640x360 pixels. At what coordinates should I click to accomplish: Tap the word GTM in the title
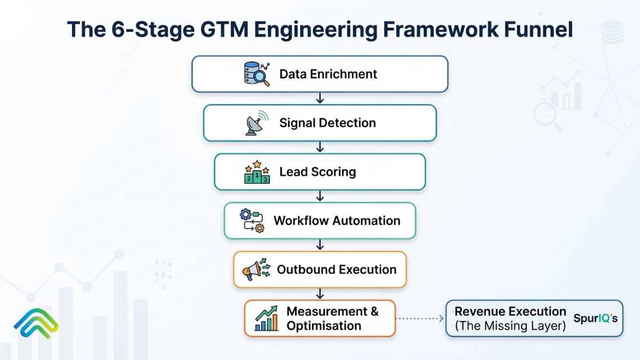coord(225,29)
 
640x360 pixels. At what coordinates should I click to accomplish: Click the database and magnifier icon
coord(257,74)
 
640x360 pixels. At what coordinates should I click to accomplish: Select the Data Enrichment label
coord(328,74)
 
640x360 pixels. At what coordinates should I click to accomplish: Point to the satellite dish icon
coord(257,123)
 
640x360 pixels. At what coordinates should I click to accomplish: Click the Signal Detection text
coord(327,123)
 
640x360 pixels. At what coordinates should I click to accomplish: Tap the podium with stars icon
coord(257,172)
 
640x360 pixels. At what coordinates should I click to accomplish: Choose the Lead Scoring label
coord(317,172)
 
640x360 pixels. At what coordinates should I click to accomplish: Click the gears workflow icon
coord(252,221)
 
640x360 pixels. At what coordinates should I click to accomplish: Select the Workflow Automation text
coord(337,221)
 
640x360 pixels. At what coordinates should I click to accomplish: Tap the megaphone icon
coord(257,269)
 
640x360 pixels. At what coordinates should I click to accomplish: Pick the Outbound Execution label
coord(337,269)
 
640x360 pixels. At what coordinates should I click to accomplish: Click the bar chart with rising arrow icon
coord(266,318)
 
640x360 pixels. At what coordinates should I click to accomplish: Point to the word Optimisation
coord(324,326)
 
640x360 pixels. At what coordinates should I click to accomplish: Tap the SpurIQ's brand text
coord(595,318)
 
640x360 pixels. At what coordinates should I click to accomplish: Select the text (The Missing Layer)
coord(510,326)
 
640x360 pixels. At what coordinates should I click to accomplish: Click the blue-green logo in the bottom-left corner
coord(36,323)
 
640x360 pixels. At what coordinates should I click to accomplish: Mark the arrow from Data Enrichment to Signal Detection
coord(320,98)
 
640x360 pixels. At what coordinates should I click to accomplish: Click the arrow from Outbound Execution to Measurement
coord(320,293)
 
